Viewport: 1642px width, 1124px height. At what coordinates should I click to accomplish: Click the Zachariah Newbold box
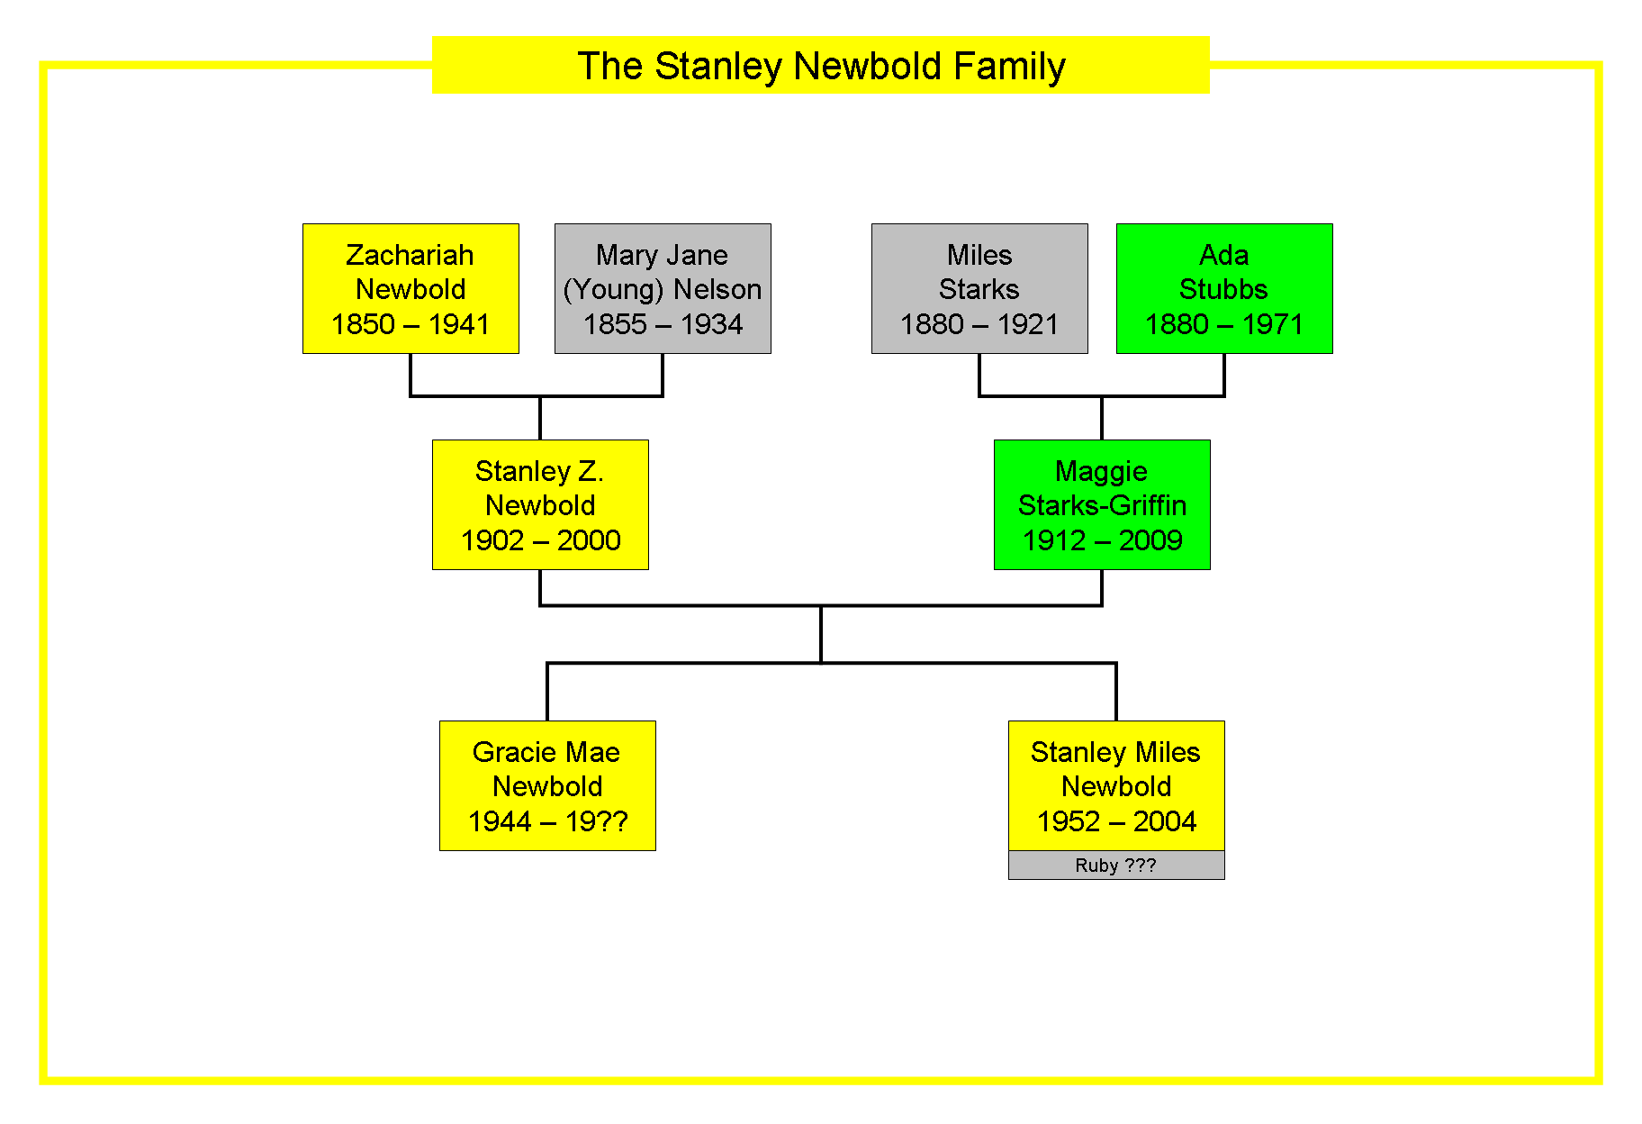click(410, 288)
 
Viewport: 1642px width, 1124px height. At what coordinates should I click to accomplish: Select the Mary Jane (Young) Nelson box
click(663, 288)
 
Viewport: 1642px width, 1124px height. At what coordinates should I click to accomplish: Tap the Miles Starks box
click(979, 288)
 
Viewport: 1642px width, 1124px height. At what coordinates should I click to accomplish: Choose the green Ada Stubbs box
click(1224, 288)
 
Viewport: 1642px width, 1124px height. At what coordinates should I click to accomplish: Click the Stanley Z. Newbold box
click(540, 504)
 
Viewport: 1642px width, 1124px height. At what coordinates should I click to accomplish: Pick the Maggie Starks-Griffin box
click(1102, 504)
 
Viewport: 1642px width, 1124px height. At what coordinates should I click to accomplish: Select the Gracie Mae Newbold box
click(547, 785)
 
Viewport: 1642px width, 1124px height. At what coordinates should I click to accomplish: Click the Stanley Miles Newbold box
click(1116, 785)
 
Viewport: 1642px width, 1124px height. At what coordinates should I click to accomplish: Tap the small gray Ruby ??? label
click(1116, 866)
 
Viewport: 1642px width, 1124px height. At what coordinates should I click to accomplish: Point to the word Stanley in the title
click(718, 67)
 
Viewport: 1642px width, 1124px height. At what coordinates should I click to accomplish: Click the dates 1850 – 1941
click(410, 324)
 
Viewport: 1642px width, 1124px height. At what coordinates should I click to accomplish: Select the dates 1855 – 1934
click(663, 324)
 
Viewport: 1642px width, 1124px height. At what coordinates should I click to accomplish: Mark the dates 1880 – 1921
click(979, 324)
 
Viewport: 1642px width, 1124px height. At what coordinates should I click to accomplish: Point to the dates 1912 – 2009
click(1102, 540)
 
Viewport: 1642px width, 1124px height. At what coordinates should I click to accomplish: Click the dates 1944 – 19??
click(547, 821)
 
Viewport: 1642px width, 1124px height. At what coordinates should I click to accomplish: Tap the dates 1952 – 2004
click(1116, 821)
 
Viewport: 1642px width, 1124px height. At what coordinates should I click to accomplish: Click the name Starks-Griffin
click(1102, 505)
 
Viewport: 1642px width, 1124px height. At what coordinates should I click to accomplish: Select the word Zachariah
click(410, 255)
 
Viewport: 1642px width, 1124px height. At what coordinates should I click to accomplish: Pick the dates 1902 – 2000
click(540, 540)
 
